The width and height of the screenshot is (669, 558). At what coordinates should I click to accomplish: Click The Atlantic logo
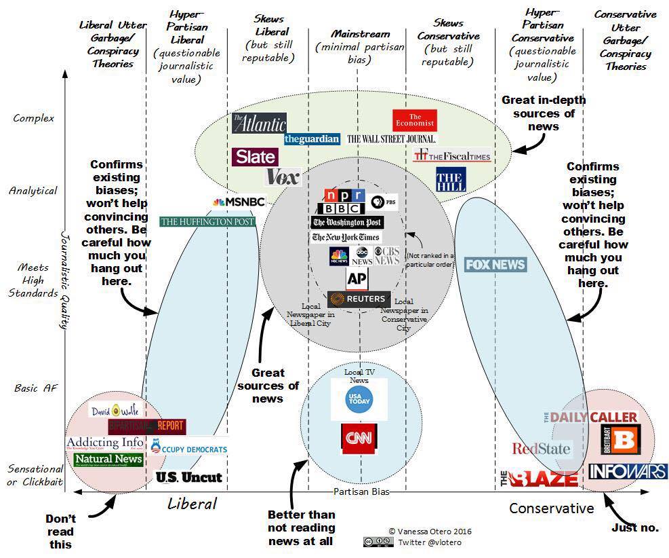(x=258, y=123)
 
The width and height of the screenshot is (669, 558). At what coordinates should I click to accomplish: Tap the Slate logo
(x=255, y=157)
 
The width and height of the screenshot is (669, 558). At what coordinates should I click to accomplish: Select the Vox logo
(x=283, y=176)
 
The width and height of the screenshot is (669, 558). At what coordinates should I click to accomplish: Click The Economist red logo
(x=414, y=120)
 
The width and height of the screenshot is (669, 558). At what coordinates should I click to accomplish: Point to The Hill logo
(x=451, y=179)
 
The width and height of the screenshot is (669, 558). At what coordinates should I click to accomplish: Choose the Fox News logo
(x=495, y=264)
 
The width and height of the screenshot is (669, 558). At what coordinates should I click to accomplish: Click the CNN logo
(x=359, y=439)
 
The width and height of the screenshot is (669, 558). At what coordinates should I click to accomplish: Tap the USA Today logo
(x=359, y=399)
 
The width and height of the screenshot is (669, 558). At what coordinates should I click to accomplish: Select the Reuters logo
(x=359, y=299)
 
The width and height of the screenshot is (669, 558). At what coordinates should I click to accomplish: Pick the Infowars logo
(x=628, y=471)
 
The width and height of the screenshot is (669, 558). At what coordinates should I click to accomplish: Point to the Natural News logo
(x=108, y=460)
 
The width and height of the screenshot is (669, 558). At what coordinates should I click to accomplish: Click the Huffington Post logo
(x=207, y=221)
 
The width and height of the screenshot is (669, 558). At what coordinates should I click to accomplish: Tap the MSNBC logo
(x=238, y=202)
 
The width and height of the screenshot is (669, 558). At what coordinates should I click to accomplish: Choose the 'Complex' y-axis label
(x=33, y=118)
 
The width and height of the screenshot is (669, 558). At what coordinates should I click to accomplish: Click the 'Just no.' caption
(x=634, y=527)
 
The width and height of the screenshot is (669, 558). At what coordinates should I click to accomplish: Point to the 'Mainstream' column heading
(x=361, y=34)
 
